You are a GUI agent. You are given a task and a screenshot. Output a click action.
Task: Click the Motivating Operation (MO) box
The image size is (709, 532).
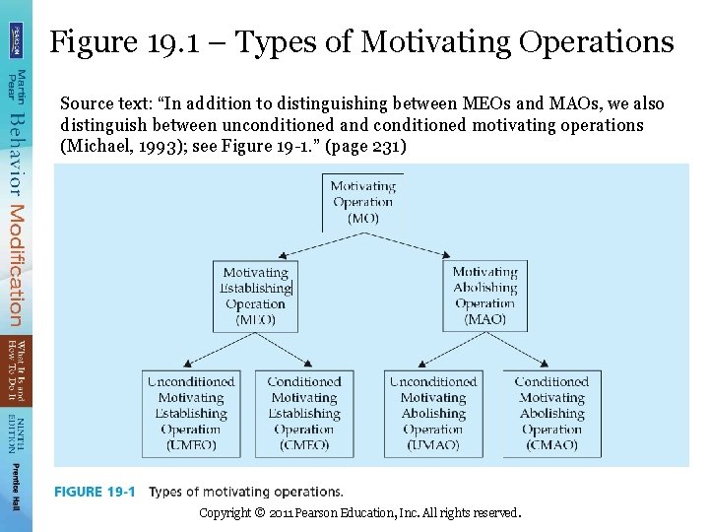pyautogui.click(x=362, y=202)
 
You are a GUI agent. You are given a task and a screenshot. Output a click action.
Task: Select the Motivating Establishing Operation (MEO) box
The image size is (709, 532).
pyautogui.click(x=255, y=296)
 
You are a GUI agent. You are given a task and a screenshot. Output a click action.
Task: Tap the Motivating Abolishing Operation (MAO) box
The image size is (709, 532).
pyautogui.click(x=484, y=296)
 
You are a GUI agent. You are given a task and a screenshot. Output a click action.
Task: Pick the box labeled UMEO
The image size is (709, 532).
pyautogui.click(x=191, y=414)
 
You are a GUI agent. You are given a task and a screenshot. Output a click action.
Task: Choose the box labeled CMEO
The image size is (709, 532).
pyautogui.click(x=304, y=414)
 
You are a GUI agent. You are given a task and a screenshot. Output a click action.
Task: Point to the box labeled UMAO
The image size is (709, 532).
pyautogui.click(x=433, y=414)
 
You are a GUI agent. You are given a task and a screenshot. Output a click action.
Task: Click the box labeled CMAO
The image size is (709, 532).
pyautogui.click(x=551, y=414)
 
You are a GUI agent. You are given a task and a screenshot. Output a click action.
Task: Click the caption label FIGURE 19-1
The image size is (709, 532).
pyautogui.click(x=95, y=492)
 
